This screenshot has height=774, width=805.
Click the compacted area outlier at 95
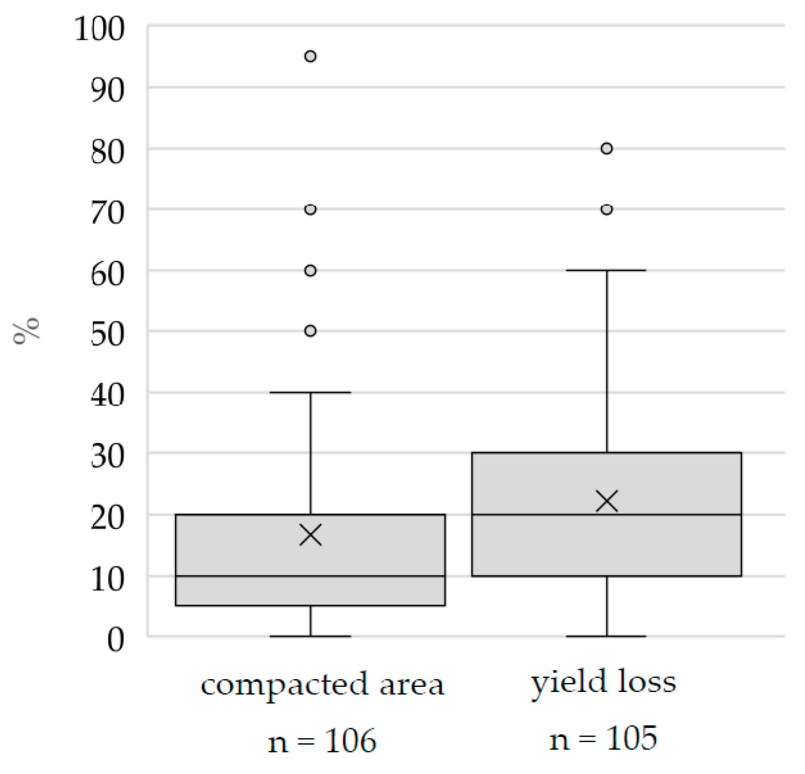pyautogui.click(x=310, y=56)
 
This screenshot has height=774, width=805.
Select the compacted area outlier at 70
pyautogui.click(x=310, y=210)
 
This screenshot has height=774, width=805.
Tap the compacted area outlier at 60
pyautogui.click(x=310, y=271)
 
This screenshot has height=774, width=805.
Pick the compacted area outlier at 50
pyautogui.click(x=310, y=331)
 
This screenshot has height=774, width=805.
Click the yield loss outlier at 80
pyautogui.click(x=607, y=148)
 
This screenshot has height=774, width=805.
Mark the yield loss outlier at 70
pyautogui.click(x=607, y=210)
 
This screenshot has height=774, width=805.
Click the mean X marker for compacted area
pyautogui.click(x=310, y=535)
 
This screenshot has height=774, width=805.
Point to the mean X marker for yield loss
pyautogui.click(x=607, y=501)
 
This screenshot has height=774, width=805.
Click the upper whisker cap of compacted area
pyautogui.click(x=310, y=392)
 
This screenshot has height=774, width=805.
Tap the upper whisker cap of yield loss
pyautogui.click(x=607, y=270)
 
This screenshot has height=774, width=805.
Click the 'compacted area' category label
pyautogui.click(x=322, y=685)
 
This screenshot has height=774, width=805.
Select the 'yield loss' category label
pyautogui.click(x=604, y=683)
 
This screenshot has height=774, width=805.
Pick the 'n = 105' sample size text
pyautogui.click(x=603, y=738)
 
